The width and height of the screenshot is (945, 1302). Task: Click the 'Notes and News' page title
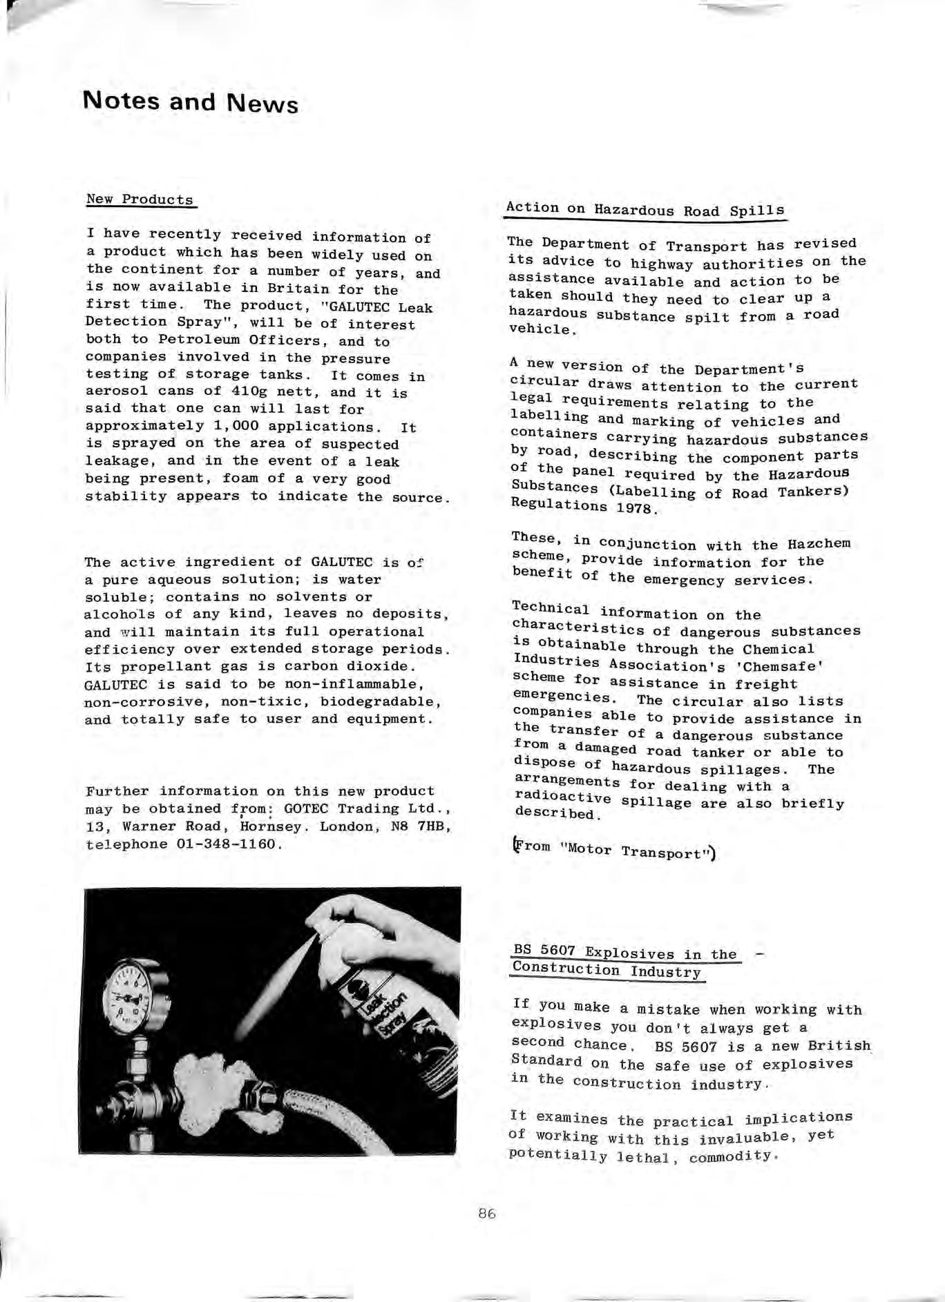coord(190,102)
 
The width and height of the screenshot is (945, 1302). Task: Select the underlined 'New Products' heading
coord(140,200)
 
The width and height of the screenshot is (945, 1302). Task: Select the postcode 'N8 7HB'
coord(421,826)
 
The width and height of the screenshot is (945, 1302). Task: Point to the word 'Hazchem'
coord(819,543)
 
